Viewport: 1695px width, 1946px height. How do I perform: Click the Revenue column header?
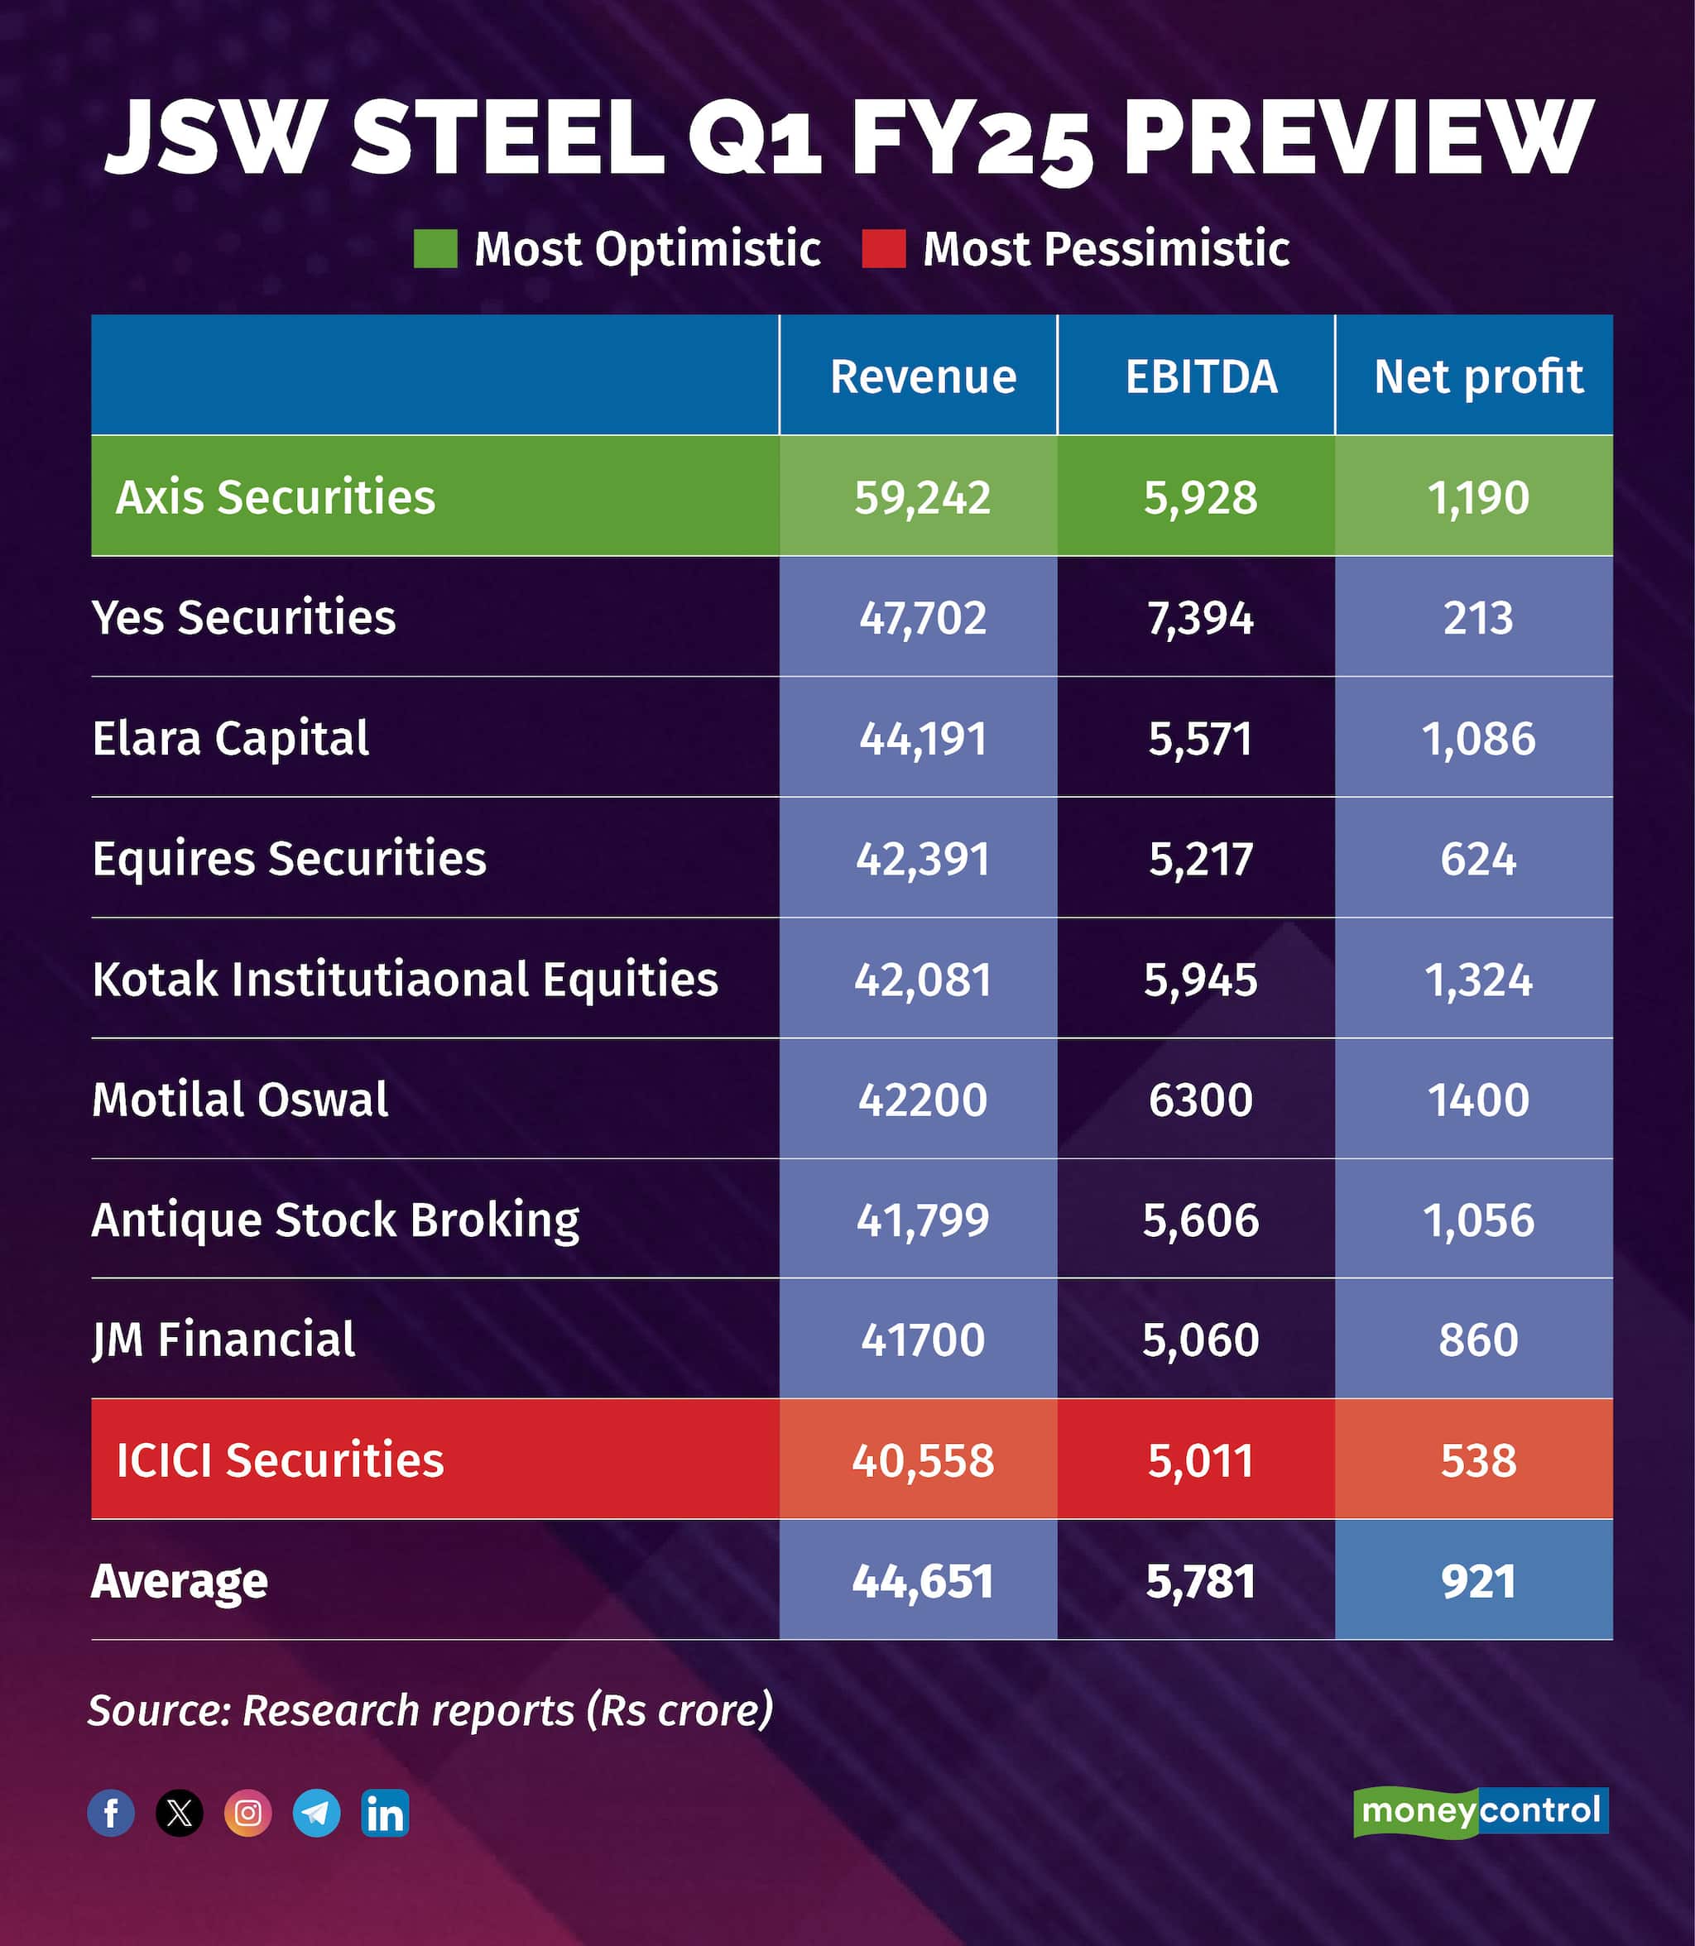click(x=922, y=376)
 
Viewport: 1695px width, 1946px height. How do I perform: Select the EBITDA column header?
click(x=1200, y=376)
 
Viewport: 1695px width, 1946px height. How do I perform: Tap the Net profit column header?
click(x=1477, y=376)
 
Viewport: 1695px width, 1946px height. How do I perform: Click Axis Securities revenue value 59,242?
click(x=922, y=497)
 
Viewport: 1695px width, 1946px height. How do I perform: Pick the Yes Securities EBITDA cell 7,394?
click(x=1200, y=618)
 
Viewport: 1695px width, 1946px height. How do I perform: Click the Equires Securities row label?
click(x=289, y=859)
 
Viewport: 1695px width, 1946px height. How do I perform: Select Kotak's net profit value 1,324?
click(x=1477, y=980)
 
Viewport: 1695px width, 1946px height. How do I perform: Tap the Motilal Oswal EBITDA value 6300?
click(x=1200, y=1100)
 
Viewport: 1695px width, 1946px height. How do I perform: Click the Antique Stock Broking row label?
click(x=335, y=1220)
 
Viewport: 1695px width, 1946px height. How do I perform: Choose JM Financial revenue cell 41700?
click(x=922, y=1340)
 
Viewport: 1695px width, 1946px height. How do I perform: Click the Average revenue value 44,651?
click(x=922, y=1581)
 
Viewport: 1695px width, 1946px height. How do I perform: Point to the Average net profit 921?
click(x=1477, y=1581)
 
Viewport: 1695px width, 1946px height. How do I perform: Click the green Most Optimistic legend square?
click(x=435, y=249)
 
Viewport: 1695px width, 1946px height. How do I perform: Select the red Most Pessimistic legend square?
click(x=883, y=249)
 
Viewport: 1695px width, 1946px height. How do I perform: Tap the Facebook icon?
click(x=111, y=1813)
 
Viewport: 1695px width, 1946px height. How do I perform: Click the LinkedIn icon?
click(x=385, y=1813)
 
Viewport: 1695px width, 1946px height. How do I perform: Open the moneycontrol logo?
click(x=1481, y=1811)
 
